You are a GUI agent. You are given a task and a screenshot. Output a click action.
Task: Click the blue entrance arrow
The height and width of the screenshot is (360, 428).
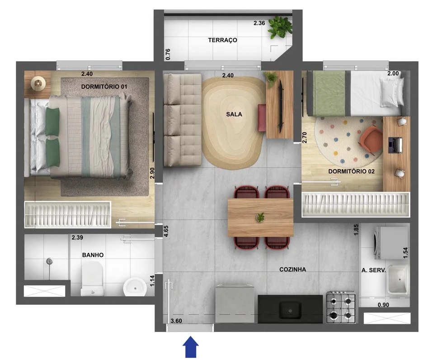click(191, 347)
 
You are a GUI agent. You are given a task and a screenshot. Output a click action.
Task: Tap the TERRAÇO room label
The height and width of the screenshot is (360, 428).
click(222, 40)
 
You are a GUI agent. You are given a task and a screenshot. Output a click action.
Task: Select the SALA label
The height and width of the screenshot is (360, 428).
click(234, 114)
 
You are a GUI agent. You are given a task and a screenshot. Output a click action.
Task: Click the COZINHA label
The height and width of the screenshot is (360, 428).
click(292, 269)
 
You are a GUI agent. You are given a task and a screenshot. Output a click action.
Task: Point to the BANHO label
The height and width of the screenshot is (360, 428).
click(93, 255)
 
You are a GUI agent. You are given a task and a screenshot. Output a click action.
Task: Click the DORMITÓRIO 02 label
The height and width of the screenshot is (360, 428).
click(351, 171)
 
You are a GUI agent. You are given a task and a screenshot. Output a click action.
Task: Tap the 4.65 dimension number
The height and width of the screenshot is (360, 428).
click(166, 231)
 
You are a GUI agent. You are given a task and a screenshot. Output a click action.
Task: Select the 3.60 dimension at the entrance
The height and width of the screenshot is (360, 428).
click(176, 321)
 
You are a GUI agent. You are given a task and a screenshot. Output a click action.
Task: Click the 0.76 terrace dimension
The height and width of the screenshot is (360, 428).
click(168, 54)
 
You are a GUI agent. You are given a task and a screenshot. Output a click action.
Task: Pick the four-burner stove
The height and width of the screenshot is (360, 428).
click(341, 307)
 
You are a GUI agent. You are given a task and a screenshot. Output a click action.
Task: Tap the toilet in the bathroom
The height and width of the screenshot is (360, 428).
click(92, 279)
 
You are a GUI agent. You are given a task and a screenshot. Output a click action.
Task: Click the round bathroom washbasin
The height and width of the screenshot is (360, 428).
click(135, 287)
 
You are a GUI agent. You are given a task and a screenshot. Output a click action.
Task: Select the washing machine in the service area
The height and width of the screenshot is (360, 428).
click(391, 243)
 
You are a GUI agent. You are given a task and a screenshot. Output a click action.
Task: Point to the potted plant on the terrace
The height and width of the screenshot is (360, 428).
click(279, 27)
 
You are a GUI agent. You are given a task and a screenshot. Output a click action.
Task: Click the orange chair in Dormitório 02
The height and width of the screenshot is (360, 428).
click(371, 139)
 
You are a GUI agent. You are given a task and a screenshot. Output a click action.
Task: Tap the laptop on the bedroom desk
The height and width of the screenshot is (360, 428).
click(395, 144)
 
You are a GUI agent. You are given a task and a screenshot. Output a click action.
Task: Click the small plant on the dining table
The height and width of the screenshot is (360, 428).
click(260, 218)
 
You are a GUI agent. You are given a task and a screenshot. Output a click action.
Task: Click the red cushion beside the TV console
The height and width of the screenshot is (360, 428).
click(262, 118)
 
